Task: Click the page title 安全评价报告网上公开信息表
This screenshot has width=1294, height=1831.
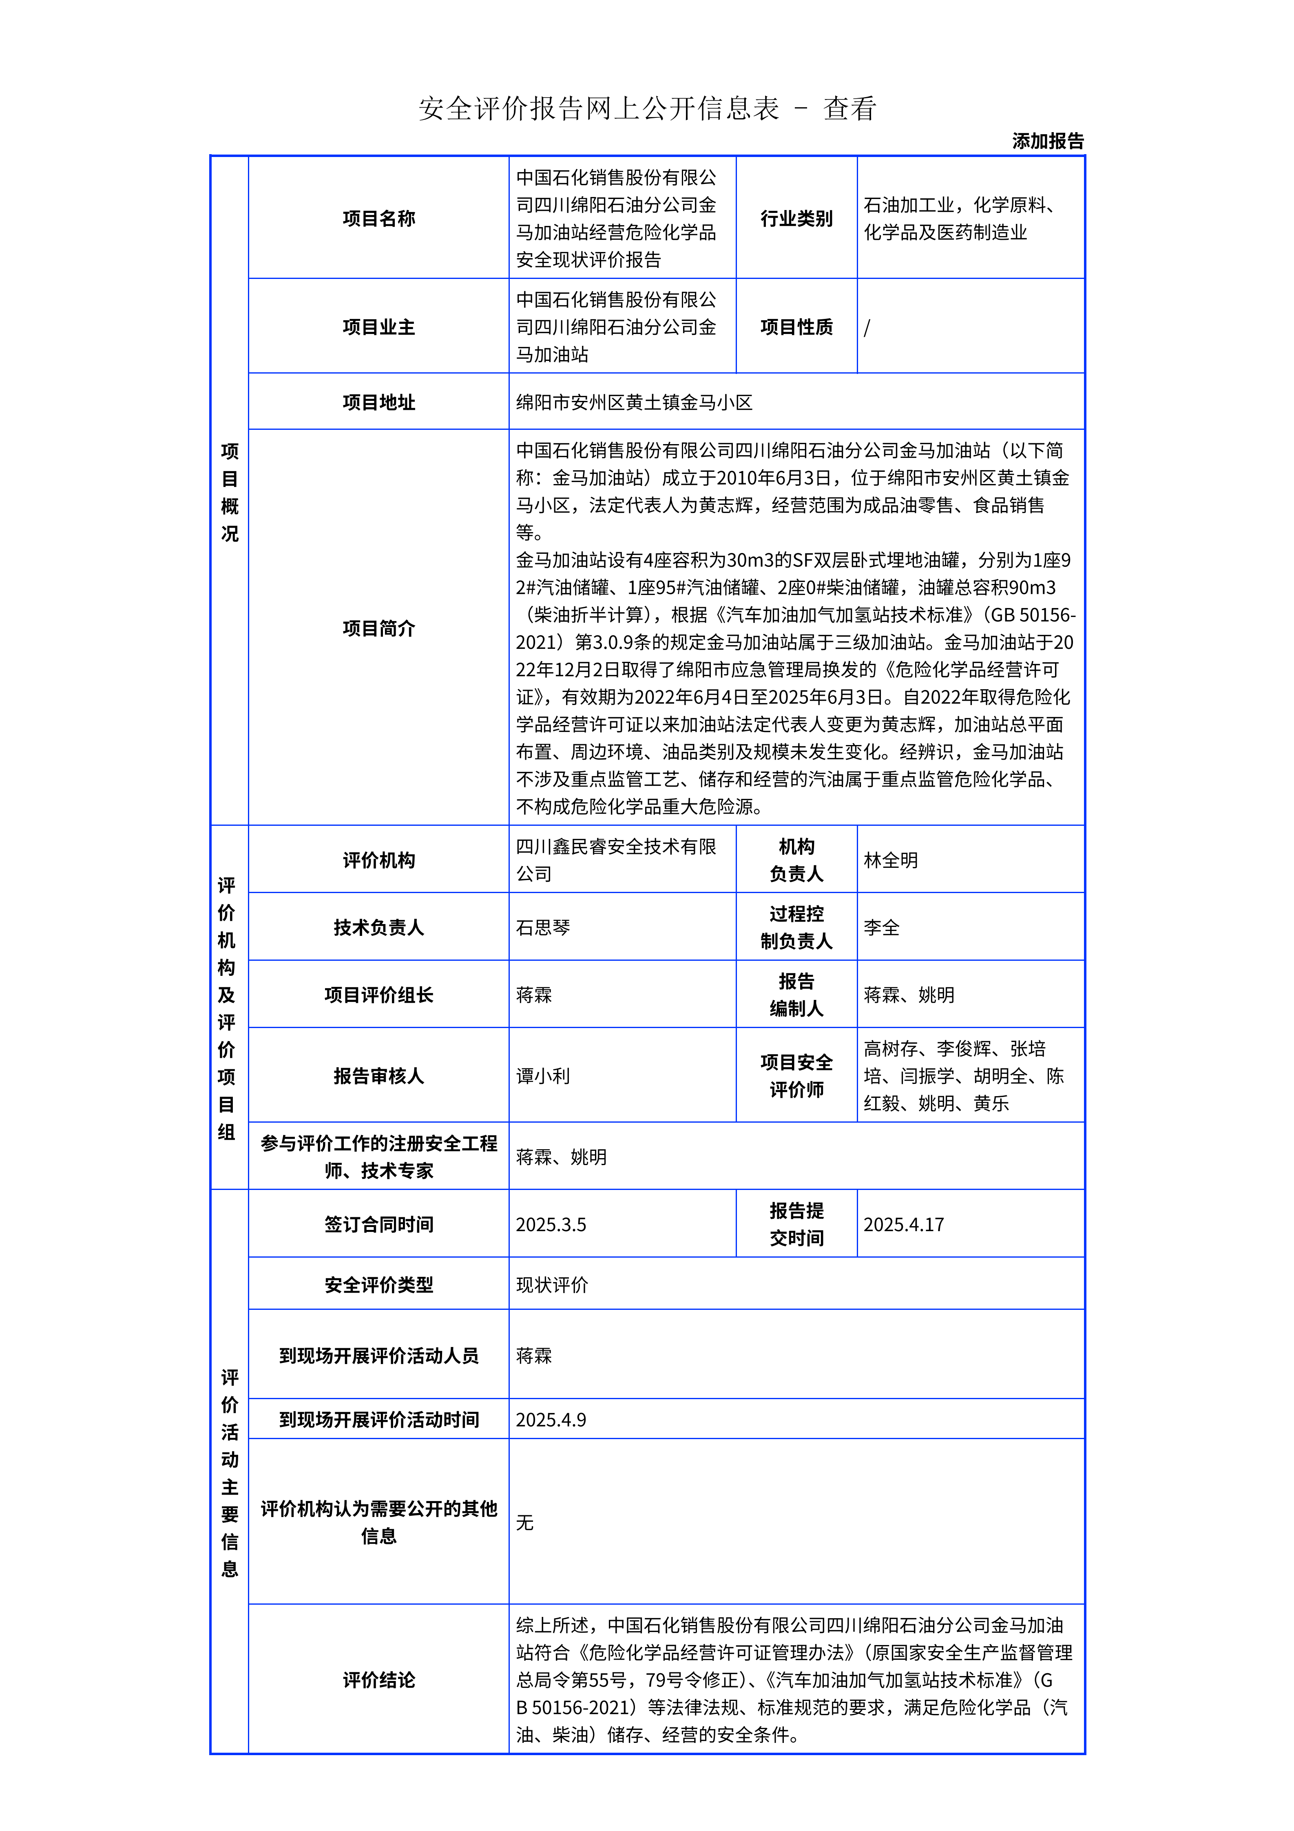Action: tap(598, 108)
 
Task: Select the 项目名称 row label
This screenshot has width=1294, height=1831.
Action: tap(379, 218)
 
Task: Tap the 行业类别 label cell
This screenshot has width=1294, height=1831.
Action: tap(796, 218)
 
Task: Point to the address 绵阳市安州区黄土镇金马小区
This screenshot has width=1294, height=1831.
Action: tap(634, 402)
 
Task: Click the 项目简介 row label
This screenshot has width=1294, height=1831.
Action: tap(379, 628)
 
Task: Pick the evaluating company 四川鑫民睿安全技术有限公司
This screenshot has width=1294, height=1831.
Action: tap(615, 860)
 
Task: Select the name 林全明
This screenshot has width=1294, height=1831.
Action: tap(891, 860)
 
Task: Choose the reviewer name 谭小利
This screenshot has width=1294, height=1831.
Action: tap(543, 1076)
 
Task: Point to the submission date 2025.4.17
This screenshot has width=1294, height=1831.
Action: tap(903, 1224)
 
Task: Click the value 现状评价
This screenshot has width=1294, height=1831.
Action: tap(552, 1285)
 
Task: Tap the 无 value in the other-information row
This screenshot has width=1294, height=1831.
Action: tap(524, 1522)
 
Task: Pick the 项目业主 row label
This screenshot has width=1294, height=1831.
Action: tap(379, 327)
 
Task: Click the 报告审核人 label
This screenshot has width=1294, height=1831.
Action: tap(379, 1076)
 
